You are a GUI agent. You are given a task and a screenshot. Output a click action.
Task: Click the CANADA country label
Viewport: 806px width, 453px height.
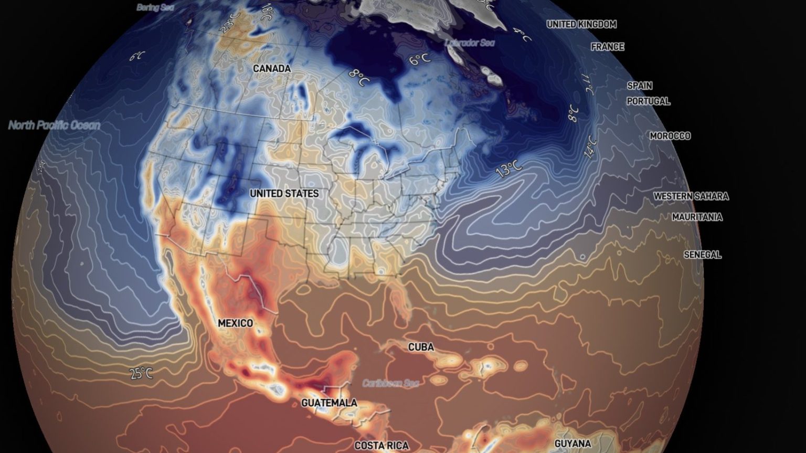pyautogui.click(x=271, y=69)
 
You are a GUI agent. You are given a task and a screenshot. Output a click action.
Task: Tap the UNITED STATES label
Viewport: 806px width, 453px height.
pyautogui.click(x=284, y=194)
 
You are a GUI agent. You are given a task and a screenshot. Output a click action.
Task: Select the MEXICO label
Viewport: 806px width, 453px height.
pyautogui.click(x=235, y=323)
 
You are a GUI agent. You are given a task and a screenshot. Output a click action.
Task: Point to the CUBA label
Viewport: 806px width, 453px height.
pyautogui.click(x=421, y=347)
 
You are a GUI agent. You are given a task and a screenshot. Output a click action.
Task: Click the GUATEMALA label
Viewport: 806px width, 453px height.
pyautogui.click(x=329, y=403)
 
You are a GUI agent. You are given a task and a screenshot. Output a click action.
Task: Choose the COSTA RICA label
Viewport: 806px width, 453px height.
pyautogui.click(x=381, y=446)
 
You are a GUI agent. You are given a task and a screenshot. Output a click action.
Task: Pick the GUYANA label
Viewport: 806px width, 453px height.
pyautogui.click(x=572, y=444)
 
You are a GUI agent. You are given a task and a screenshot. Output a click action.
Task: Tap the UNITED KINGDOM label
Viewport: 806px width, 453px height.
pyautogui.click(x=581, y=24)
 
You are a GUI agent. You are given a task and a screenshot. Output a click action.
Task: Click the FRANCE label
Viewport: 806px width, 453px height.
pyautogui.click(x=608, y=47)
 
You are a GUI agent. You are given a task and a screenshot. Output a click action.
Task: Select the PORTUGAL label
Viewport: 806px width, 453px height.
pyautogui.click(x=648, y=101)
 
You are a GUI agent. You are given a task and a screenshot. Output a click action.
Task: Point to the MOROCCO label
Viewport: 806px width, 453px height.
pyautogui.click(x=670, y=136)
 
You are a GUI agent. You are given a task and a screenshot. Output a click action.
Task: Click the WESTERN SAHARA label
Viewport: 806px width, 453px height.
pyautogui.click(x=691, y=196)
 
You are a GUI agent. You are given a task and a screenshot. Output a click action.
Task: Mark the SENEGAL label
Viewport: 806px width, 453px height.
pyautogui.click(x=702, y=255)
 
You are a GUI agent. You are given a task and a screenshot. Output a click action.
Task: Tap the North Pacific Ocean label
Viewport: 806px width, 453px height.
pyautogui.click(x=54, y=125)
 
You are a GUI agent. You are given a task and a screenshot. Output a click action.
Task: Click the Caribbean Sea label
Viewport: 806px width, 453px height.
pyautogui.click(x=390, y=384)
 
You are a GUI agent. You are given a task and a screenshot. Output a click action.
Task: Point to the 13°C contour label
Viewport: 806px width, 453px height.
pyautogui.click(x=508, y=169)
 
